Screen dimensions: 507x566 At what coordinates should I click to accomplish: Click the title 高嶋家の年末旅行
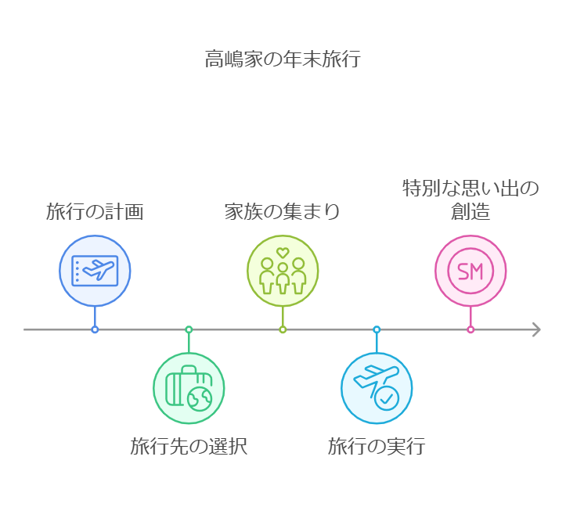[x=283, y=59]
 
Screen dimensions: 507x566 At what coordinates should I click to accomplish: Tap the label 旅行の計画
[x=95, y=211]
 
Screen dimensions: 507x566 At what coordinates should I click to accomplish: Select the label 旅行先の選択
[x=189, y=447]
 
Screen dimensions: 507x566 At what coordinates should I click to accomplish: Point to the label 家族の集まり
[x=283, y=211]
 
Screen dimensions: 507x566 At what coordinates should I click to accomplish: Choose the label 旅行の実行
[x=377, y=447]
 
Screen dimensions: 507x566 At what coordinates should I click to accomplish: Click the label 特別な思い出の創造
[x=470, y=200]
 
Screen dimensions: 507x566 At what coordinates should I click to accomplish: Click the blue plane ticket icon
[x=95, y=271]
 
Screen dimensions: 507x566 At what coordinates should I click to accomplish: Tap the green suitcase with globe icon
[x=189, y=388]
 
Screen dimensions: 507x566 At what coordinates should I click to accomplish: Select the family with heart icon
[x=283, y=271]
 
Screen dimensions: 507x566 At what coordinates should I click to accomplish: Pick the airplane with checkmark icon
[x=377, y=388]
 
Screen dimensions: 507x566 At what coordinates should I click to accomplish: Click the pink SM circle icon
[x=470, y=271]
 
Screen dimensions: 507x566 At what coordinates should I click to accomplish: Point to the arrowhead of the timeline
[x=536, y=329]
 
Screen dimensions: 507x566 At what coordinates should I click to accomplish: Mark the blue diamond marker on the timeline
[x=95, y=329]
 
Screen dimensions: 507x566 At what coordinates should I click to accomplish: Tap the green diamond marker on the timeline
[x=189, y=329]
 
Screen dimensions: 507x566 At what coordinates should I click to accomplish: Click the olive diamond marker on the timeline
[x=283, y=329]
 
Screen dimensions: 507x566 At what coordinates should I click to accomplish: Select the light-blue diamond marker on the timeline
[x=377, y=329]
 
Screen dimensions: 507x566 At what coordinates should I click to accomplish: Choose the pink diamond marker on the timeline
[x=470, y=329]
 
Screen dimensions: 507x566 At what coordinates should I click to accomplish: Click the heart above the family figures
[x=283, y=253]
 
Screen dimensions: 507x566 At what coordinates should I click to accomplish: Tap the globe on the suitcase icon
[x=200, y=399]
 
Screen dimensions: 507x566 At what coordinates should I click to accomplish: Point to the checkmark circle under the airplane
[x=387, y=399]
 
